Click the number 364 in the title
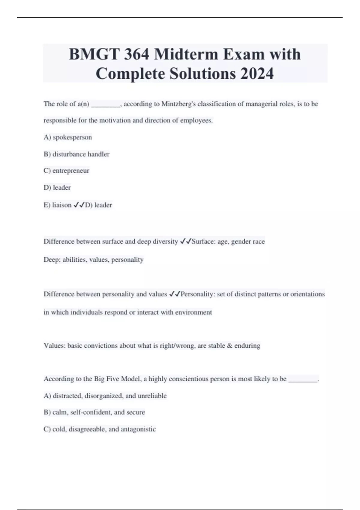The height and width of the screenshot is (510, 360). point(136,54)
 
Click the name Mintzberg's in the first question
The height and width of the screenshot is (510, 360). point(178,104)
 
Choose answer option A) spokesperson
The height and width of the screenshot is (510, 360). point(68,137)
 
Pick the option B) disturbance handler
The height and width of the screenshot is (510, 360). point(76,154)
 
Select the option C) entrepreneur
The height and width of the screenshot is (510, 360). point(66,171)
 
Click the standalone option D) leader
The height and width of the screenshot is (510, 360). point(57,187)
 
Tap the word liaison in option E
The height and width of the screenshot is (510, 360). point(62,205)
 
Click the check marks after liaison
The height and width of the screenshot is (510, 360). point(79,205)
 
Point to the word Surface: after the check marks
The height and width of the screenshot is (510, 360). point(204,241)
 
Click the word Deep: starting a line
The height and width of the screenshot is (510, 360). point(52,259)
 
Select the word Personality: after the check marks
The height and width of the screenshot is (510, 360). point(198,294)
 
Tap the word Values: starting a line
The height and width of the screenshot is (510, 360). point(55,346)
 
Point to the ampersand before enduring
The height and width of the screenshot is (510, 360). point(230,346)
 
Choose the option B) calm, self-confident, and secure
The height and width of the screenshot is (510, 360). point(94,412)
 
